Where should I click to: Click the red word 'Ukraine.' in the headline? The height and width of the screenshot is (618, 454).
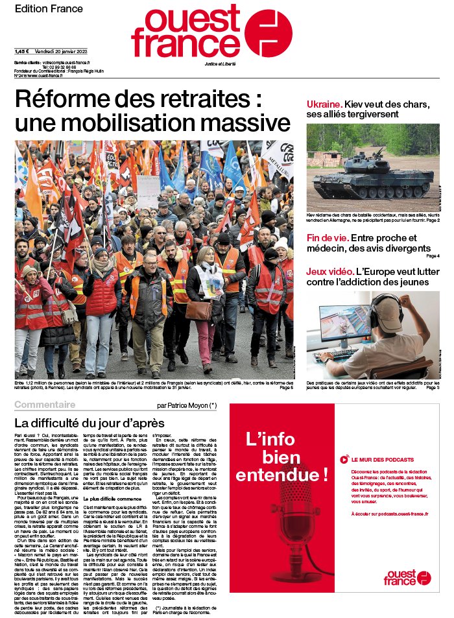(324, 104)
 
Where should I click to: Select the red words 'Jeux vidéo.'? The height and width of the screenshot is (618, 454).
(329, 269)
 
